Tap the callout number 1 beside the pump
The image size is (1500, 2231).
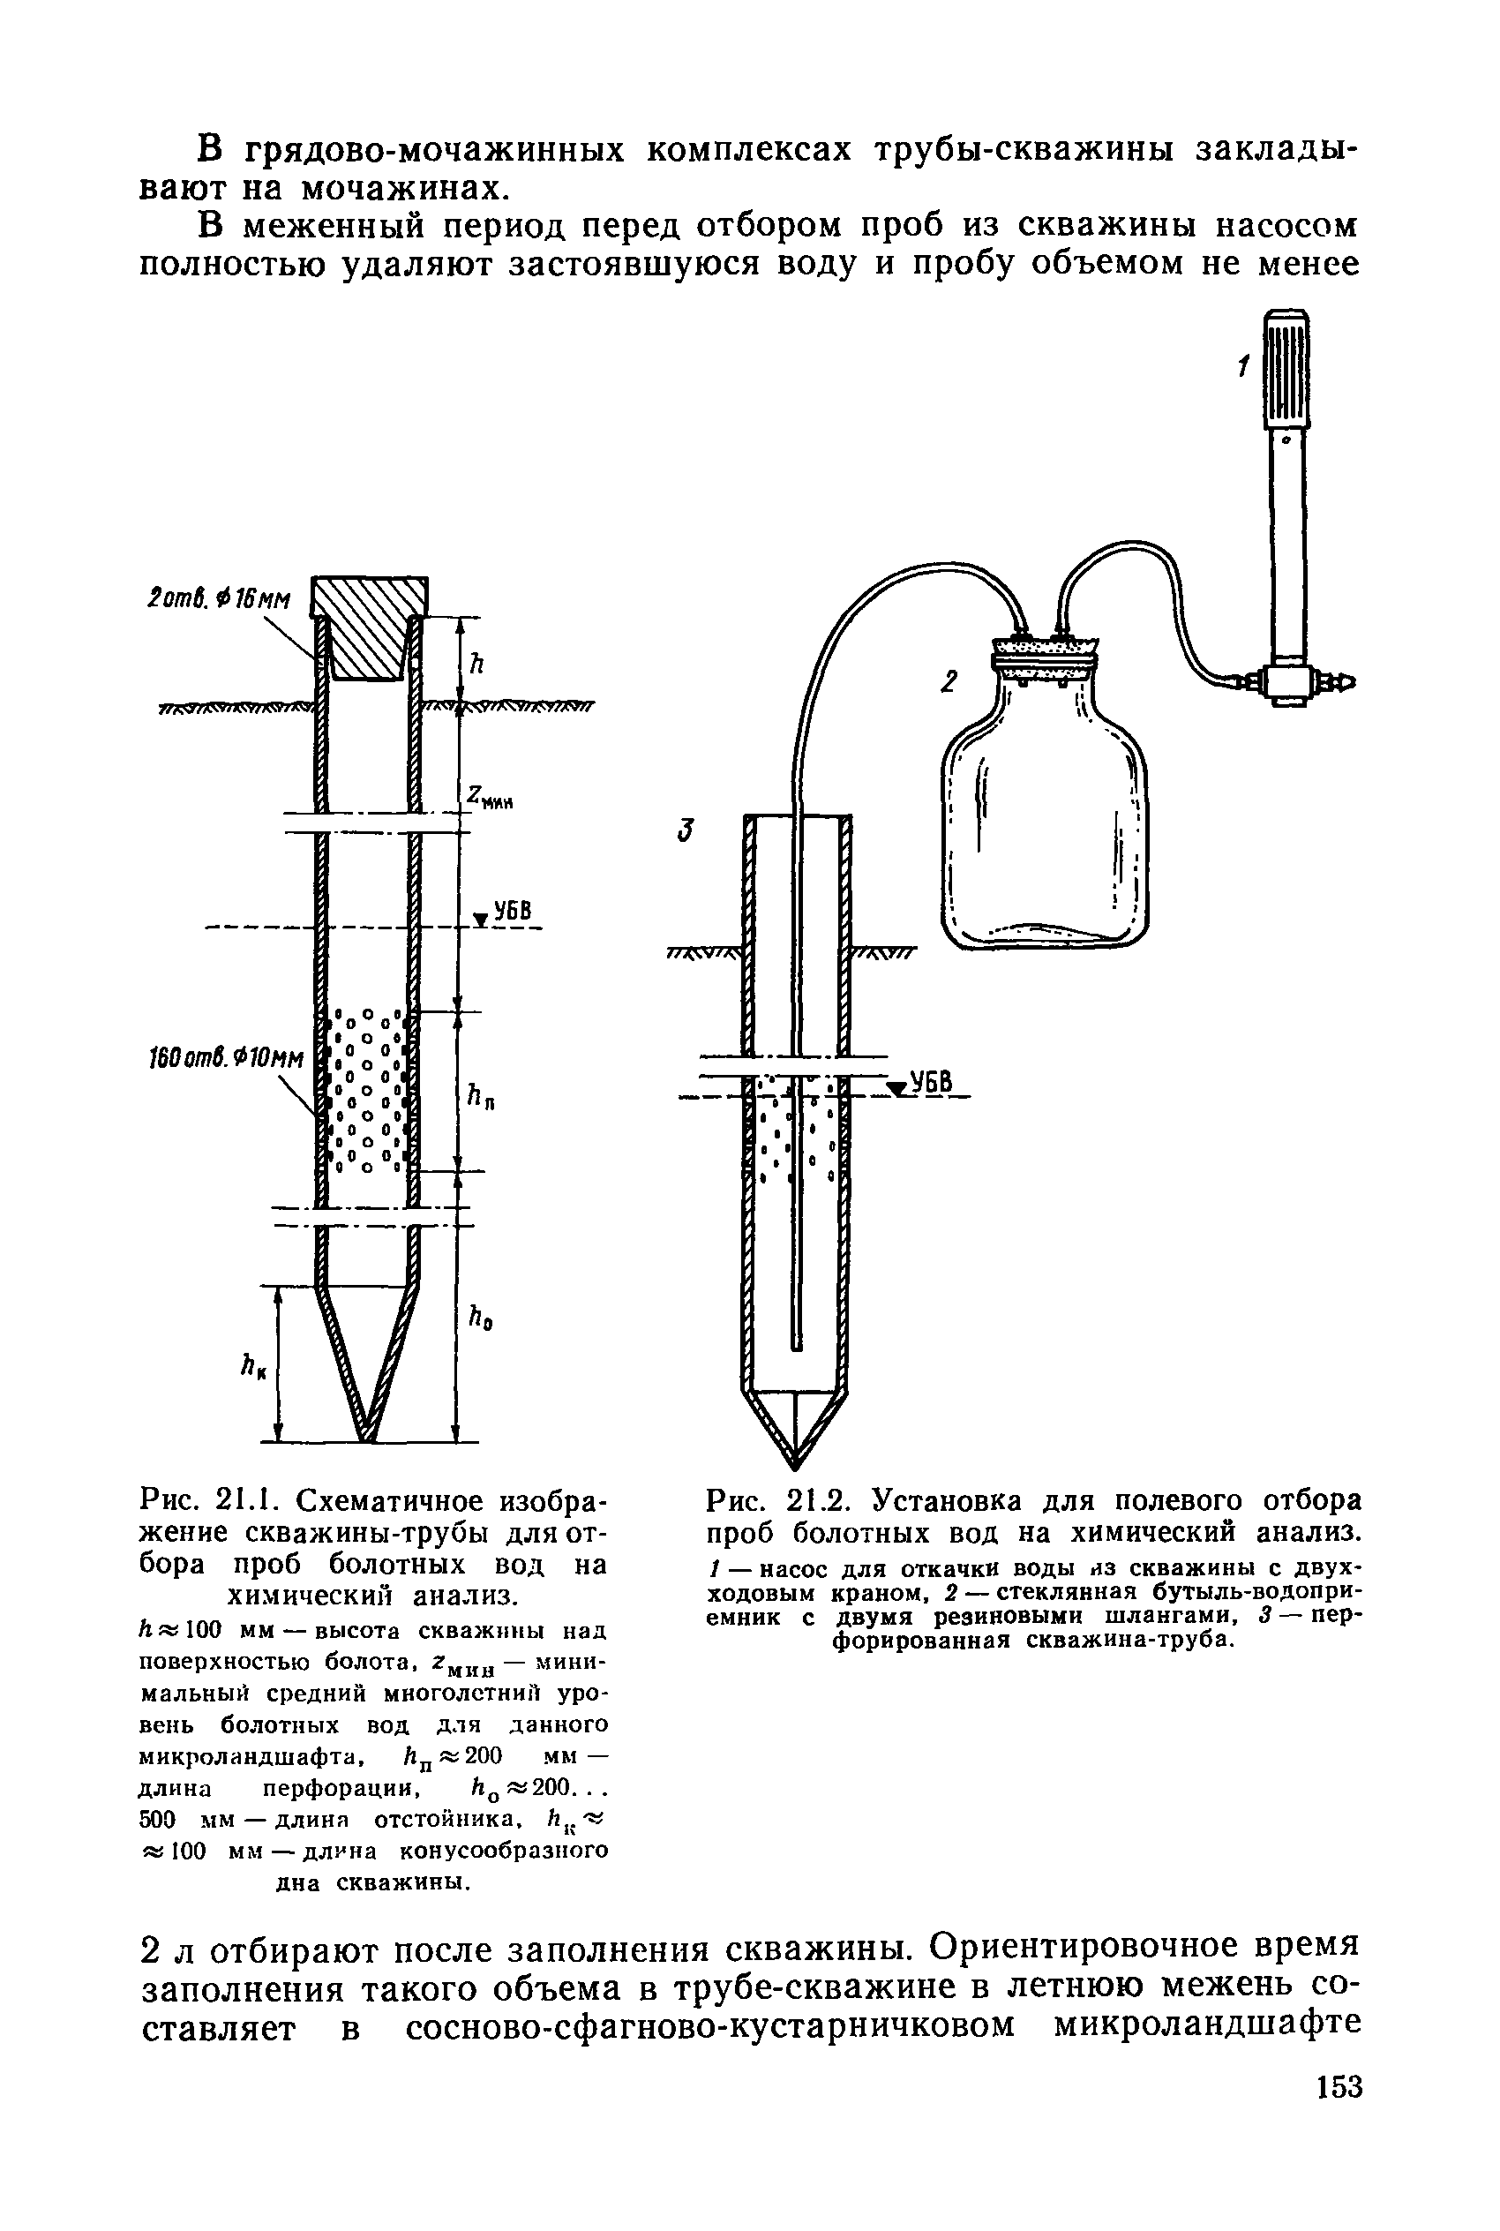pyautogui.click(x=1242, y=366)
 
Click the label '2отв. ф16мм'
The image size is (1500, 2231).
pyautogui.click(x=221, y=599)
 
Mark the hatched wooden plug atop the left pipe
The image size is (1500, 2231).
pyautogui.click(x=371, y=627)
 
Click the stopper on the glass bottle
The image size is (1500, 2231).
pyautogui.click(x=1044, y=653)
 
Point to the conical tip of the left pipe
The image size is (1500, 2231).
pyautogui.click(x=368, y=1368)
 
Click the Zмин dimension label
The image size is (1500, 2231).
pyautogui.click(x=490, y=797)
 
